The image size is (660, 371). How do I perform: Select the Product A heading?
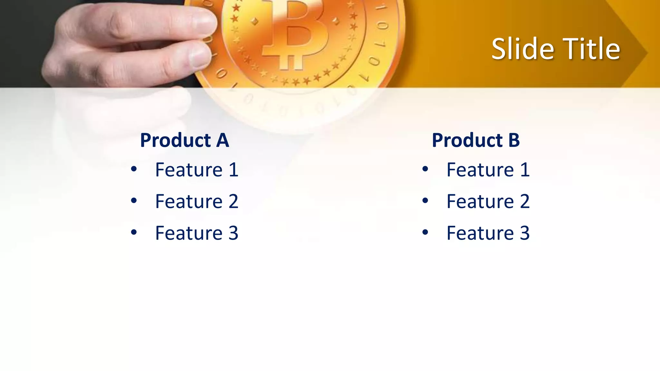tap(184, 140)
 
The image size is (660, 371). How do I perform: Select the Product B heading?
tap(476, 140)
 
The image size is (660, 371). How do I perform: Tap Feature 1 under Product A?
tap(197, 170)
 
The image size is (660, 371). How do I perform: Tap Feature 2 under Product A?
tap(197, 201)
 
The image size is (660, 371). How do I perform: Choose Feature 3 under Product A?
tap(197, 233)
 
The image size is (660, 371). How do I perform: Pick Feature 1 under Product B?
tap(488, 170)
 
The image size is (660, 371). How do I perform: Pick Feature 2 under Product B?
tap(488, 201)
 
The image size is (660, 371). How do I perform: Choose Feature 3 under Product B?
tap(488, 233)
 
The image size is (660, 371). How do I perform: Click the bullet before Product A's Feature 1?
tap(134, 169)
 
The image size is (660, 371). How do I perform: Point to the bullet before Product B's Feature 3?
tap(425, 232)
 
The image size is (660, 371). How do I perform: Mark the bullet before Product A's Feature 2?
tap(134, 200)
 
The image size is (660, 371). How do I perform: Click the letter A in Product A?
tap(222, 140)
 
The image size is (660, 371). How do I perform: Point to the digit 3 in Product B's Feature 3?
tap(525, 233)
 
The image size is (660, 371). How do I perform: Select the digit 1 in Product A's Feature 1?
tap(233, 170)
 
